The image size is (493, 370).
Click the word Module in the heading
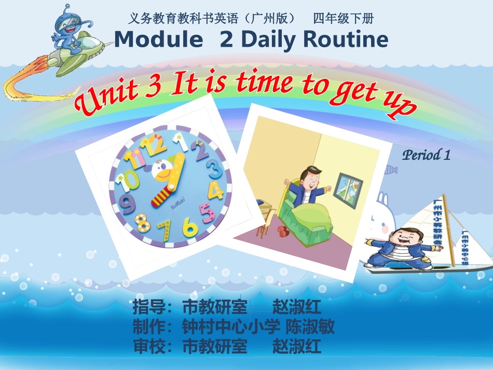pyautogui.click(x=158, y=39)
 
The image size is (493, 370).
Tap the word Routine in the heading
pyautogui.click(x=345, y=39)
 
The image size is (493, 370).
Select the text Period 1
pyautogui.click(x=426, y=155)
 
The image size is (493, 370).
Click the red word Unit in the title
pyautogui.click(x=106, y=99)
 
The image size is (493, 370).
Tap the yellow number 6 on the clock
pyautogui.click(x=190, y=226)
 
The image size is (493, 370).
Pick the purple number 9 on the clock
pyautogui.click(x=126, y=204)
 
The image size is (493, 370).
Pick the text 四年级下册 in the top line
pyautogui.click(x=343, y=19)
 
